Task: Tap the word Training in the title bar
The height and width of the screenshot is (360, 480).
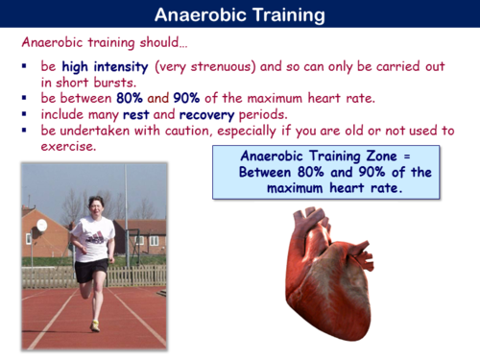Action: [x=287, y=14]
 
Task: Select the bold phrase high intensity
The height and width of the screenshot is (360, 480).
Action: [x=104, y=68]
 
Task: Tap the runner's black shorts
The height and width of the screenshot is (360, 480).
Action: [x=91, y=272]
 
